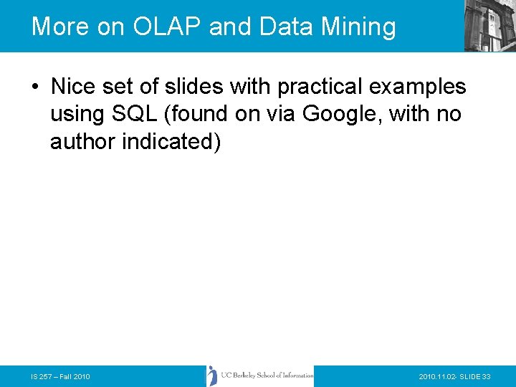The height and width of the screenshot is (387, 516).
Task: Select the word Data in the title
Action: click(285, 27)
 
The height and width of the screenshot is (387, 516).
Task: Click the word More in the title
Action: click(59, 27)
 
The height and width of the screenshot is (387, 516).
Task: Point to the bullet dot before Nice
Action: click(35, 87)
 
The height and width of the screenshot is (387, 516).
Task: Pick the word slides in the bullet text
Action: click(197, 87)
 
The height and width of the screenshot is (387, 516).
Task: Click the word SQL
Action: click(145, 115)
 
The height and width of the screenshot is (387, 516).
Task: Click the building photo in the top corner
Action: click(489, 26)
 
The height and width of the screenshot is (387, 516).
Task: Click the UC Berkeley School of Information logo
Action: click(259, 376)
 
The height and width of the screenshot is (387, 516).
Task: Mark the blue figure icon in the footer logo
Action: click(213, 376)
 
